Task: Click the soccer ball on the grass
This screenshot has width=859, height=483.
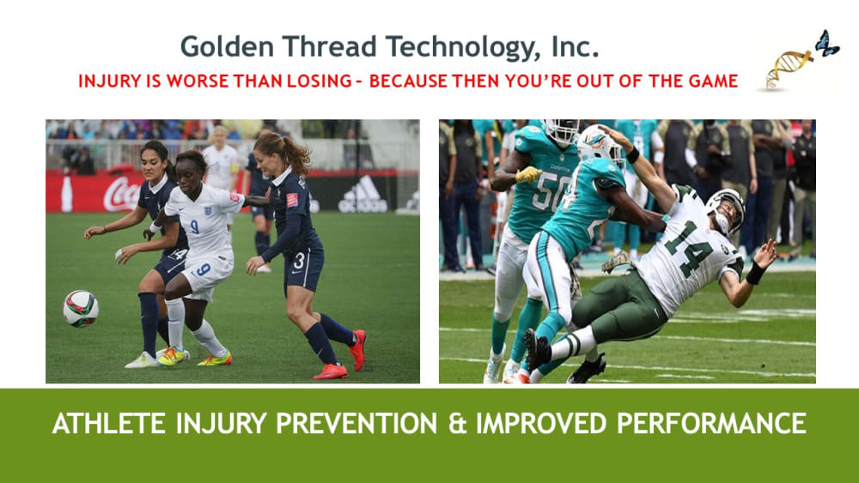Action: click(x=81, y=309)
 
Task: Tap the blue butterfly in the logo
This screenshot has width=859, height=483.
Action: click(x=826, y=43)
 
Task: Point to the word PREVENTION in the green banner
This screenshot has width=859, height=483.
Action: click(x=356, y=424)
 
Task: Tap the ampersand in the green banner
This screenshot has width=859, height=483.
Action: click(x=456, y=424)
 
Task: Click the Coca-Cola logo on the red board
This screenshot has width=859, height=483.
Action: click(x=122, y=194)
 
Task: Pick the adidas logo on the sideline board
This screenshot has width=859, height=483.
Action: click(x=362, y=195)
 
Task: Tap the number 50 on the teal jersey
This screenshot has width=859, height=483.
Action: click(x=544, y=191)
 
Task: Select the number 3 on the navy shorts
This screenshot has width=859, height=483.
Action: click(x=299, y=260)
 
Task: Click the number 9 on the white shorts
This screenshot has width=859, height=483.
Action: click(x=203, y=269)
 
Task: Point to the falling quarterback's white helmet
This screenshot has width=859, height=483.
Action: click(x=725, y=210)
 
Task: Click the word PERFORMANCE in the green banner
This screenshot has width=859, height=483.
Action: click(x=711, y=424)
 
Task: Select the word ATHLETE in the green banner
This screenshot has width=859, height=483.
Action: click(x=108, y=424)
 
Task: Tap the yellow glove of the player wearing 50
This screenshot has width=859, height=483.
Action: click(x=528, y=175)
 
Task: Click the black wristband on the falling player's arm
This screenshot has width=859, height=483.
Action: click(x=755, y=273)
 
